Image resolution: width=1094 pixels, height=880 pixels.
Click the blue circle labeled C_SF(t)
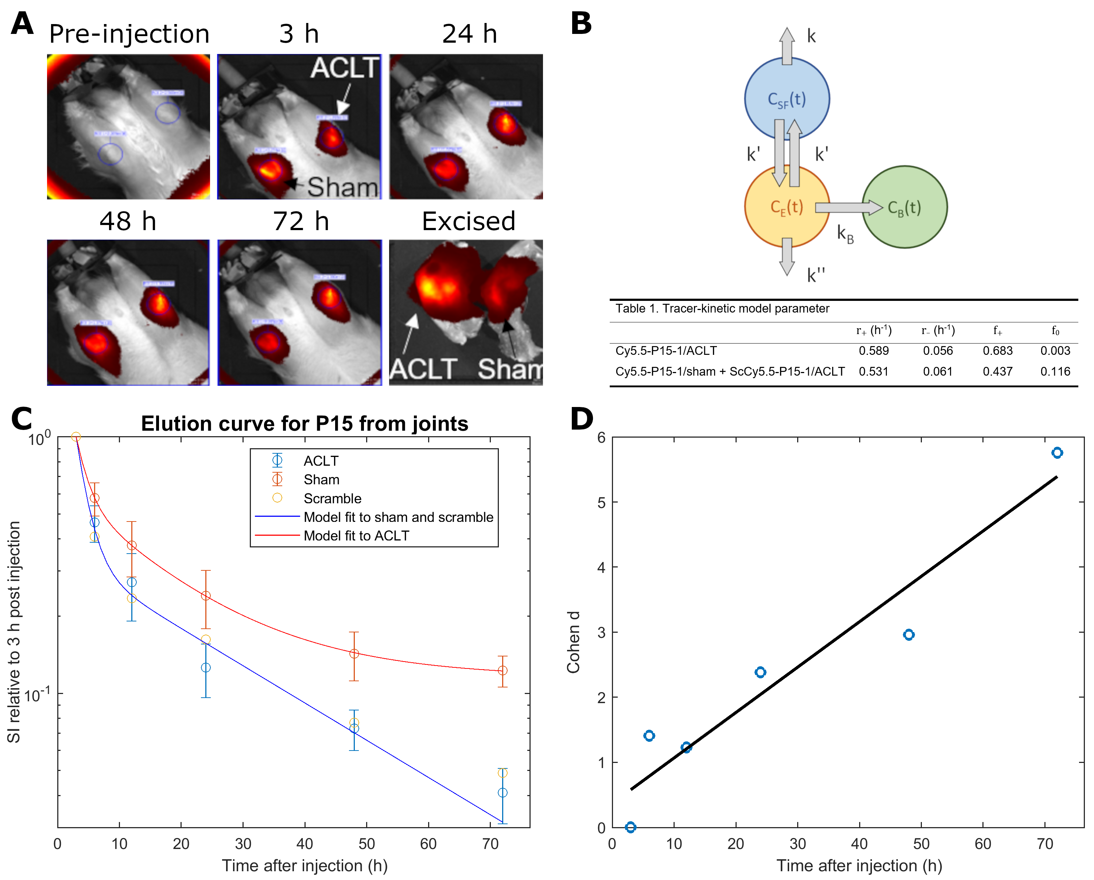[x=787, y=98]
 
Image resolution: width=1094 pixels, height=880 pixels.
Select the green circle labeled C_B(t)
[x=905, y=207]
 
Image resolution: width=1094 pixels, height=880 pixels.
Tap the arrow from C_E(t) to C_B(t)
[x=848, y=207]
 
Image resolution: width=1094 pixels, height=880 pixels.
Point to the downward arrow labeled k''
[x=787, y=256]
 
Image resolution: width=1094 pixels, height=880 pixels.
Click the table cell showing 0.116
[x=1055, y=372]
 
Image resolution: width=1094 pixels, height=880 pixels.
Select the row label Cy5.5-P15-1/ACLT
[x=666, y=351]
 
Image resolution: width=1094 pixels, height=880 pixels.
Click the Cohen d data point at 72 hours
[x=1057, y=453]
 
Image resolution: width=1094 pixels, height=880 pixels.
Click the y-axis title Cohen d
[x=573, y=642]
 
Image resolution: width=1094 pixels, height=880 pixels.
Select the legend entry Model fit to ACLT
[x=356, y=536]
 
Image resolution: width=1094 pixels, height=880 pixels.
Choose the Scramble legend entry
[x=332, y=499]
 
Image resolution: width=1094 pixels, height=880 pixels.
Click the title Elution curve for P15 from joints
[x=304, y=424]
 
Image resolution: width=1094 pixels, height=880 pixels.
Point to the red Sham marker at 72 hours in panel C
[x=503, y=670]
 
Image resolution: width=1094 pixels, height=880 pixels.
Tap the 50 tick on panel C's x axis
[x=366, y=844]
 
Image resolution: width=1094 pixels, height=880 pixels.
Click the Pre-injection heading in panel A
[x=129, y=34]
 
